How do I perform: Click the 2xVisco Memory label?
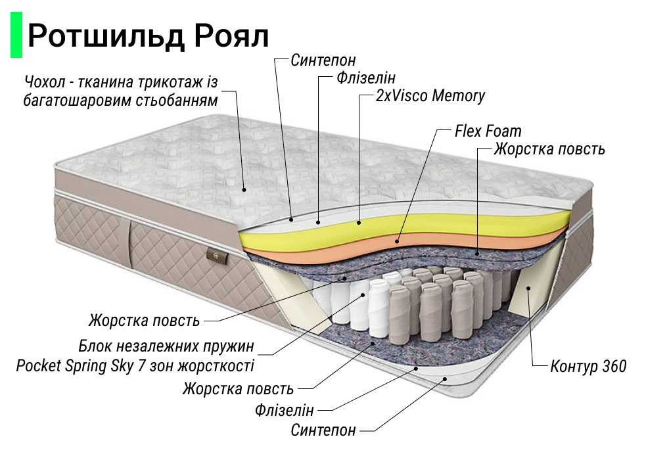point(430,96)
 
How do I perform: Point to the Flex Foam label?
point(488,131)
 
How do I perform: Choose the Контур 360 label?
point(588,366)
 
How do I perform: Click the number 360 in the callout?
point(614,366)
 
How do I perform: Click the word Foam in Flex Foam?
point(505,131)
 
